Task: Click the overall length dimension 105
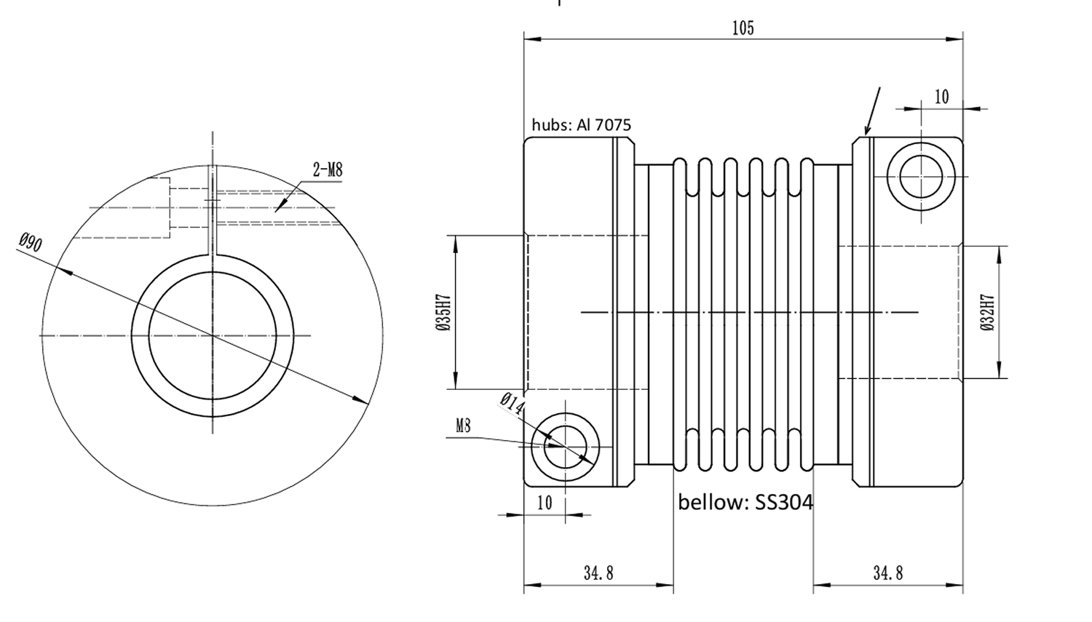743,28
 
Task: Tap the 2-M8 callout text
327,170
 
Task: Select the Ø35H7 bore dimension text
443,312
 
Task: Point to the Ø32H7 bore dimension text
987,312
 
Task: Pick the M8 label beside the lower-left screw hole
463,426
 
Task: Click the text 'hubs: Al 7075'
581,124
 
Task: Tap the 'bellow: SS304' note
745,502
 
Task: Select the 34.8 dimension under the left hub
598,573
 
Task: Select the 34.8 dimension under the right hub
887,573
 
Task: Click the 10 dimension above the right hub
941,97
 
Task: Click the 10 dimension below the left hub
544,503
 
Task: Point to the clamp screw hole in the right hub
921,175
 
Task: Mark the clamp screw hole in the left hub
565,445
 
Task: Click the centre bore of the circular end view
213,335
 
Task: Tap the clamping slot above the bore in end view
213,211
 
